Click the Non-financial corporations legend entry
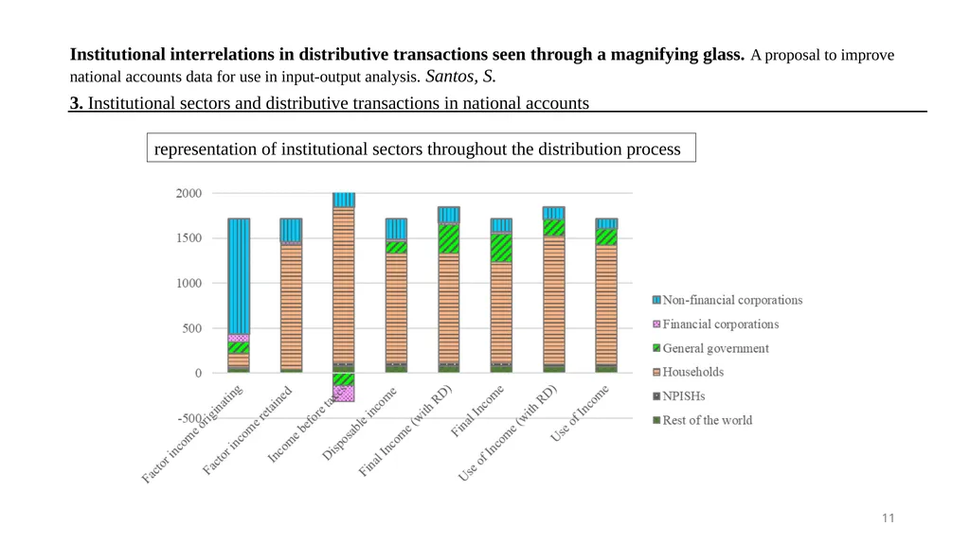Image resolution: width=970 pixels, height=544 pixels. click(727, 300)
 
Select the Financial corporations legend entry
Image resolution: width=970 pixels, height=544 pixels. click(716, 324)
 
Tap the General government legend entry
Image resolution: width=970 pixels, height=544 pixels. click(710, 348)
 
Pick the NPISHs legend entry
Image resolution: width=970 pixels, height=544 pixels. click(678, 395)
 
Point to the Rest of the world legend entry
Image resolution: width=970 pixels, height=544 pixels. click(703, 420)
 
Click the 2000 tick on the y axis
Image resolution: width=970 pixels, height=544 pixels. click(189, 193)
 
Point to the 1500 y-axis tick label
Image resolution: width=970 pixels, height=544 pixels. click(189, 238)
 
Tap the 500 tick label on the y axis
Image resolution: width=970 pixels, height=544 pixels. click(191, 328)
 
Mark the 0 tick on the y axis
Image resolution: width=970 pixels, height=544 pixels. click(199, 373)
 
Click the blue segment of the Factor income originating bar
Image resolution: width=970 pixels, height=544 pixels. click(239, 276)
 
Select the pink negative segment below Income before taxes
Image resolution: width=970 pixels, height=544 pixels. click(344, 394)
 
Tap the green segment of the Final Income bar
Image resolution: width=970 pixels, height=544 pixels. click(501, 248)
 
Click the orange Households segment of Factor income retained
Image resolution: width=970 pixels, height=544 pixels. click(292, 307)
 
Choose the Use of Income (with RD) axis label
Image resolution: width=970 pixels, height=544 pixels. click(508, 432)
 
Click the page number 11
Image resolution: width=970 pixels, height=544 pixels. click(889, 518)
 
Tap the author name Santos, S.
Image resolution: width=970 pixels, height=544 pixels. click(460, 76)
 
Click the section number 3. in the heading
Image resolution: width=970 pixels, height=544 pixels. click(76, 102)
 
